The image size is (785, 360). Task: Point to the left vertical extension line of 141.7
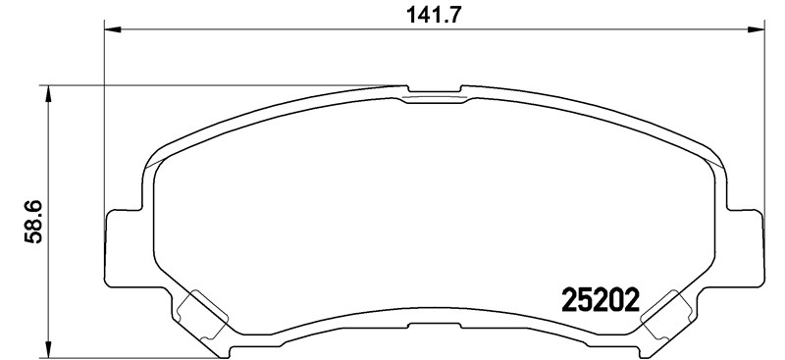[x=104, y=118]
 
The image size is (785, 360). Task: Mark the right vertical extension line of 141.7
[x=765, y=118]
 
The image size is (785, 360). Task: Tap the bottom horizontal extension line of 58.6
[x=147, y=355]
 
